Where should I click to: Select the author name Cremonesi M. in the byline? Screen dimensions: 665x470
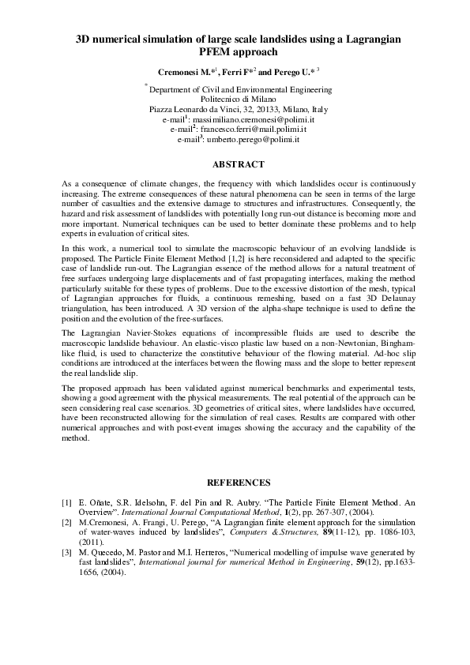pyautogui.click(x=183, y=71)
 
